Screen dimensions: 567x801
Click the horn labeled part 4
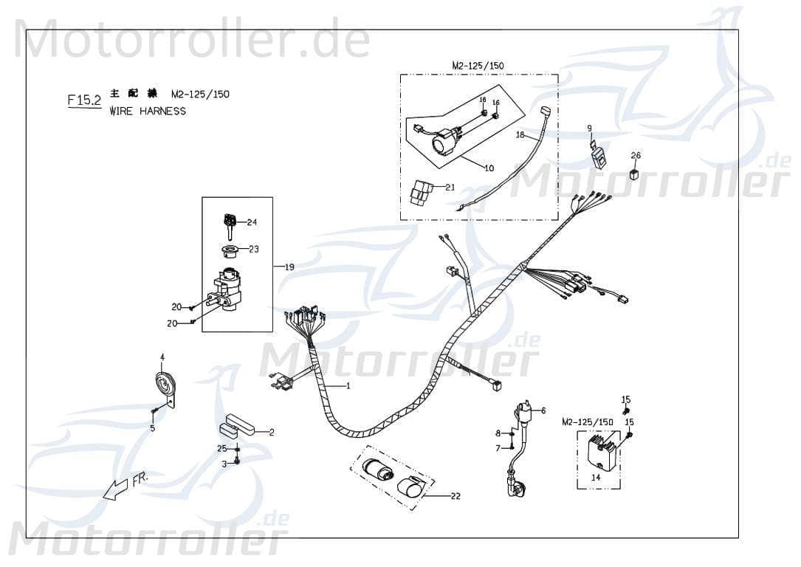[164, 385]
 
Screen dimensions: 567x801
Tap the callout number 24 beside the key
[252, 222]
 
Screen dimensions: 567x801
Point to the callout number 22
[455, 496]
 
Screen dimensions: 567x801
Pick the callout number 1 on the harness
[348, 386]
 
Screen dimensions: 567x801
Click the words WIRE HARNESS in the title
[148, 111]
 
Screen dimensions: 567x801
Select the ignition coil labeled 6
[526, 410]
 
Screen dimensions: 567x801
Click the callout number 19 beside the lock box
[289, 267]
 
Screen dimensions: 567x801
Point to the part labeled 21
[423, 193]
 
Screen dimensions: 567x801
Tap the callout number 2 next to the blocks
[271, 432]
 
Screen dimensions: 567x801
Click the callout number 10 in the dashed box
[489, 168]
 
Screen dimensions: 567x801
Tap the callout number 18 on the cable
[520, 136]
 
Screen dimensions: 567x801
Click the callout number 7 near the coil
[498, 448]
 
